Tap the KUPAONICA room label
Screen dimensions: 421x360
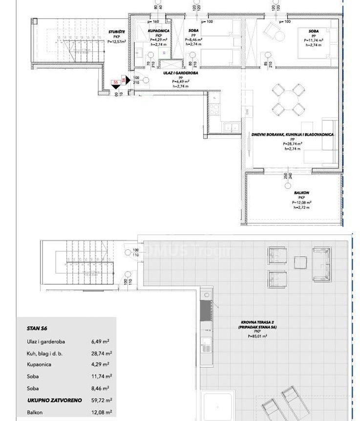tap(158, 31)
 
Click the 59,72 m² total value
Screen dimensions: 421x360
tap(102, 399)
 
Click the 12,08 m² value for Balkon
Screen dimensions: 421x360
tap(102, 412)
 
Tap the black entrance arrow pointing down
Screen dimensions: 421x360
tap(115, 87)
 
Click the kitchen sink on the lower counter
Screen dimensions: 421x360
tap(228, 128)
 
